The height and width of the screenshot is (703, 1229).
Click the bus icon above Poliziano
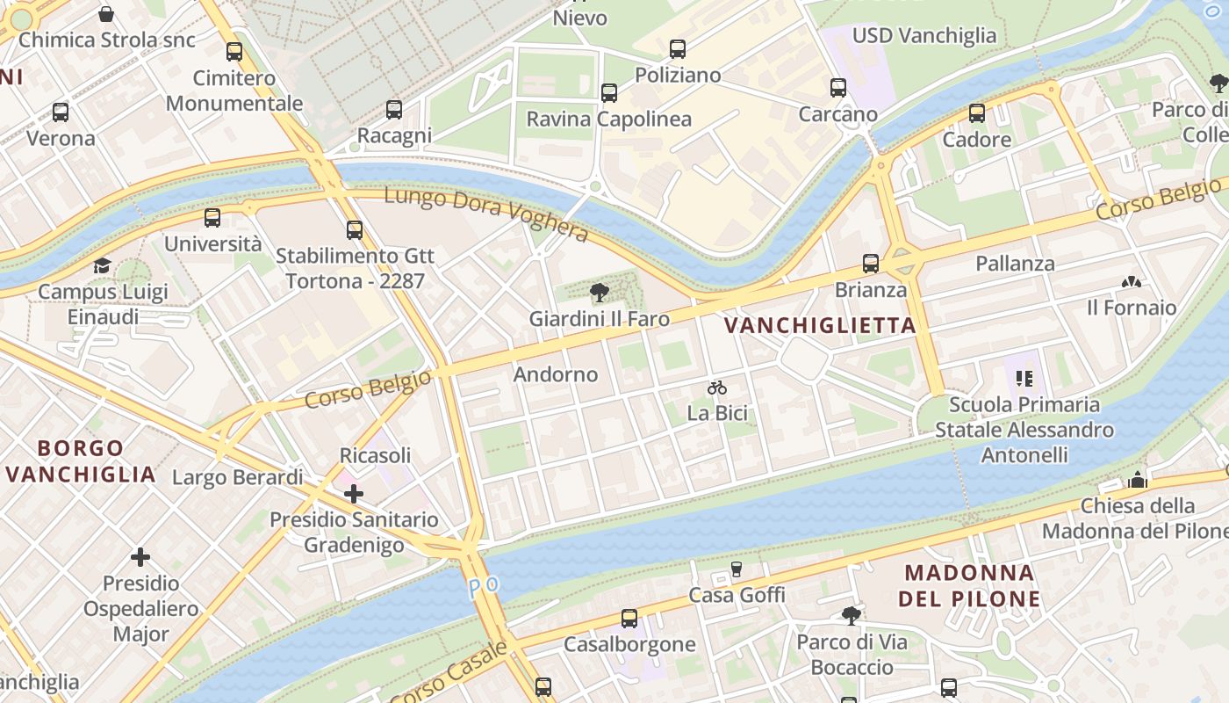677,49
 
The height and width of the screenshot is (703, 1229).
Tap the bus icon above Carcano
838,88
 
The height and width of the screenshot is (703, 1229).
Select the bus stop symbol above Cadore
977,113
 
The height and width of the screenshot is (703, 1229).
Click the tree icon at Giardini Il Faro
600,293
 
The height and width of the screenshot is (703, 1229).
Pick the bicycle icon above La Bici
717,388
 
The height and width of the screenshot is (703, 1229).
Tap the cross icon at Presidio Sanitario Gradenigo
354,494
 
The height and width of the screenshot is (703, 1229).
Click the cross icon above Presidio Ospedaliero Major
140,557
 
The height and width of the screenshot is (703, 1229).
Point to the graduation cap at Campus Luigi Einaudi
103,265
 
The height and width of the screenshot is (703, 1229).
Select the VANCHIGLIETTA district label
820,326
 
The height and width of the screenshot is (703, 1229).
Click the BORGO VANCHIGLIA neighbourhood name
81,461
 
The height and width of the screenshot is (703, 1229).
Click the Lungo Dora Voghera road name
485,214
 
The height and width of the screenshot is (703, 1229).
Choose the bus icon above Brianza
871,264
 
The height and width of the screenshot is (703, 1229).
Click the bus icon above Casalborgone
629,619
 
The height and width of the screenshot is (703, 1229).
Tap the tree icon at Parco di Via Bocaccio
851,615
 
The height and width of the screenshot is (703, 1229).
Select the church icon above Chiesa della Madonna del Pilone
1139,480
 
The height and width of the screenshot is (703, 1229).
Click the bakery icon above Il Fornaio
1132,282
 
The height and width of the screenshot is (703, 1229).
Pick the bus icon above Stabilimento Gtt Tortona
355,230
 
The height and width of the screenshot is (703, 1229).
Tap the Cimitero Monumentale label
234,91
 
